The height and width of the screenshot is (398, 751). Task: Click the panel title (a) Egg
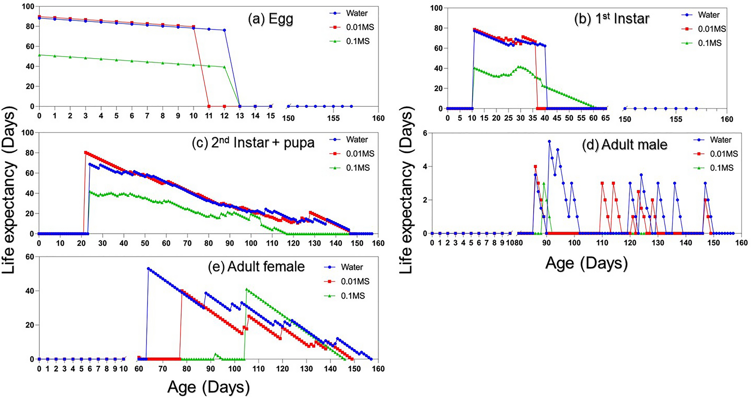click(x=271, y=19)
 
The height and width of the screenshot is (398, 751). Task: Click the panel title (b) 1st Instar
click(x=611, y=18)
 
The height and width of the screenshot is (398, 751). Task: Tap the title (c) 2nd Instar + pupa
click(x=253, y=143)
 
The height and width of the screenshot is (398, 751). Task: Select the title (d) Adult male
click(x=625, y=145)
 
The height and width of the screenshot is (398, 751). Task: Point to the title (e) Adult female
click(x=256, y=266)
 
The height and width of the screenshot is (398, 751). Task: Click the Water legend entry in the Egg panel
click(x=357, y=13)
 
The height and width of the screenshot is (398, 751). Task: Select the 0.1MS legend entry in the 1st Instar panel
click(x=709, y=43)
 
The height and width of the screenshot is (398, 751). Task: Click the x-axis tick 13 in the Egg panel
click(x=240, y=116)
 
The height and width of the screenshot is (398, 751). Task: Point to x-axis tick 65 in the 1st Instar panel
click(x=605, y=118)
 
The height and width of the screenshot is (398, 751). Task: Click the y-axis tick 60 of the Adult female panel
click(x=30, y=257)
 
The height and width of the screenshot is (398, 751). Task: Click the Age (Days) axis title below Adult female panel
click(x=208, y=387)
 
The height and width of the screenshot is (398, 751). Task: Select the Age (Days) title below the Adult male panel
click(x=586, y=263)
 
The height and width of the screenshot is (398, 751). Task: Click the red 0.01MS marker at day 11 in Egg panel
click(x=209, y=106)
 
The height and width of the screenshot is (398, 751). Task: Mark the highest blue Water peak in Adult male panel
click(x=549, y=141)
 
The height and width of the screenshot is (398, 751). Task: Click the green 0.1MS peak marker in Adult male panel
click(x=544, y=183)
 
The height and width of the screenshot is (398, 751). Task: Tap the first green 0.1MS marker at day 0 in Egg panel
click(x=39, y=55)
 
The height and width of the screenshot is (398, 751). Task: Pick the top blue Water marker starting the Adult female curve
click(x=148, y=269)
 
